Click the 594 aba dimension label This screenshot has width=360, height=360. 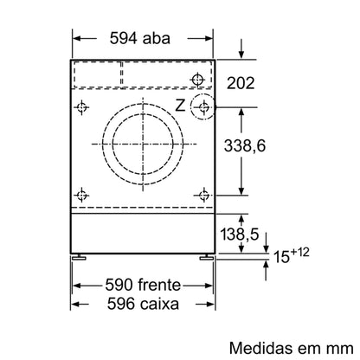click(141, 38)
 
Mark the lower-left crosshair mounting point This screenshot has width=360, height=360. click(82, 192)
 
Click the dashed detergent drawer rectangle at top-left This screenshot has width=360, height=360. click(97, 75)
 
